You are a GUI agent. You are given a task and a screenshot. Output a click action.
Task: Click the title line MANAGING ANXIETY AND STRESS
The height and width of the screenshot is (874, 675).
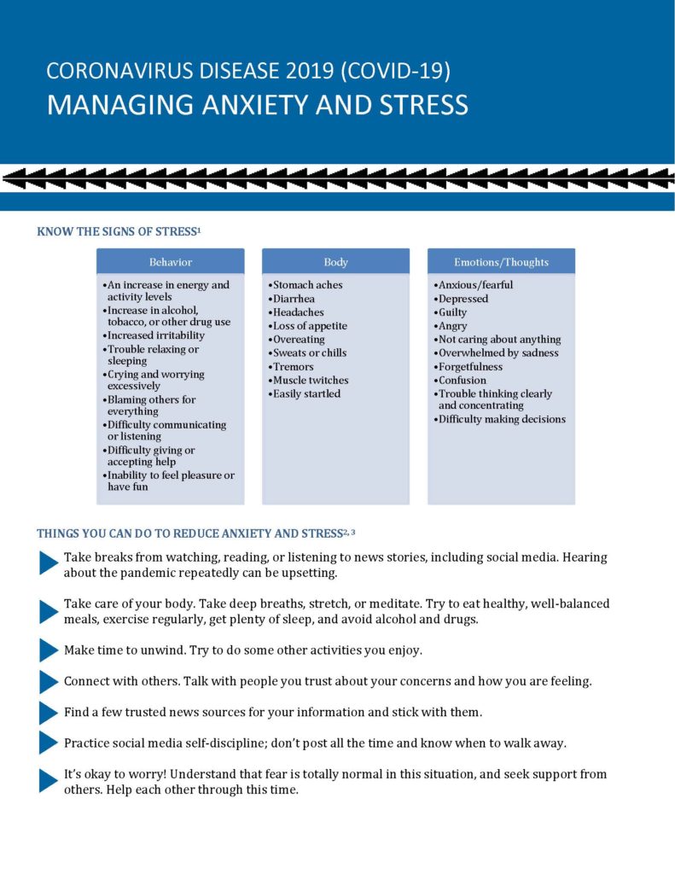tap(257, 104)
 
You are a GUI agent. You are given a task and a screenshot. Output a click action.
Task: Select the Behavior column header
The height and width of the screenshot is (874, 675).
tap(171, 262)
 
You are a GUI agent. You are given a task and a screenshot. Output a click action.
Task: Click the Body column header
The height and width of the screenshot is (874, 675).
tap(335, 262)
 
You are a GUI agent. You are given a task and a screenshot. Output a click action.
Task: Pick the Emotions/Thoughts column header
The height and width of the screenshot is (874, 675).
tap(501, 262)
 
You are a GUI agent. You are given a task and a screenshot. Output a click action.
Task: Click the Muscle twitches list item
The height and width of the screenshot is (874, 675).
tap(311, 380)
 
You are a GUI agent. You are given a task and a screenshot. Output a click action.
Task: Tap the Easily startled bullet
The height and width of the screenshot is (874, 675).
tap(306, 393)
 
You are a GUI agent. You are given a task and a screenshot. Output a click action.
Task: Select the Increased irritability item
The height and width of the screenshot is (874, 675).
tap(156, 335)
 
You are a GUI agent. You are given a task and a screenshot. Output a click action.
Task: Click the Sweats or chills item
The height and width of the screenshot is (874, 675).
tap(310, 353)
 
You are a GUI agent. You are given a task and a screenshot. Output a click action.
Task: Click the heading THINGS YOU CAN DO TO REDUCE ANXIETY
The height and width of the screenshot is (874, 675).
tap(189, 533)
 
